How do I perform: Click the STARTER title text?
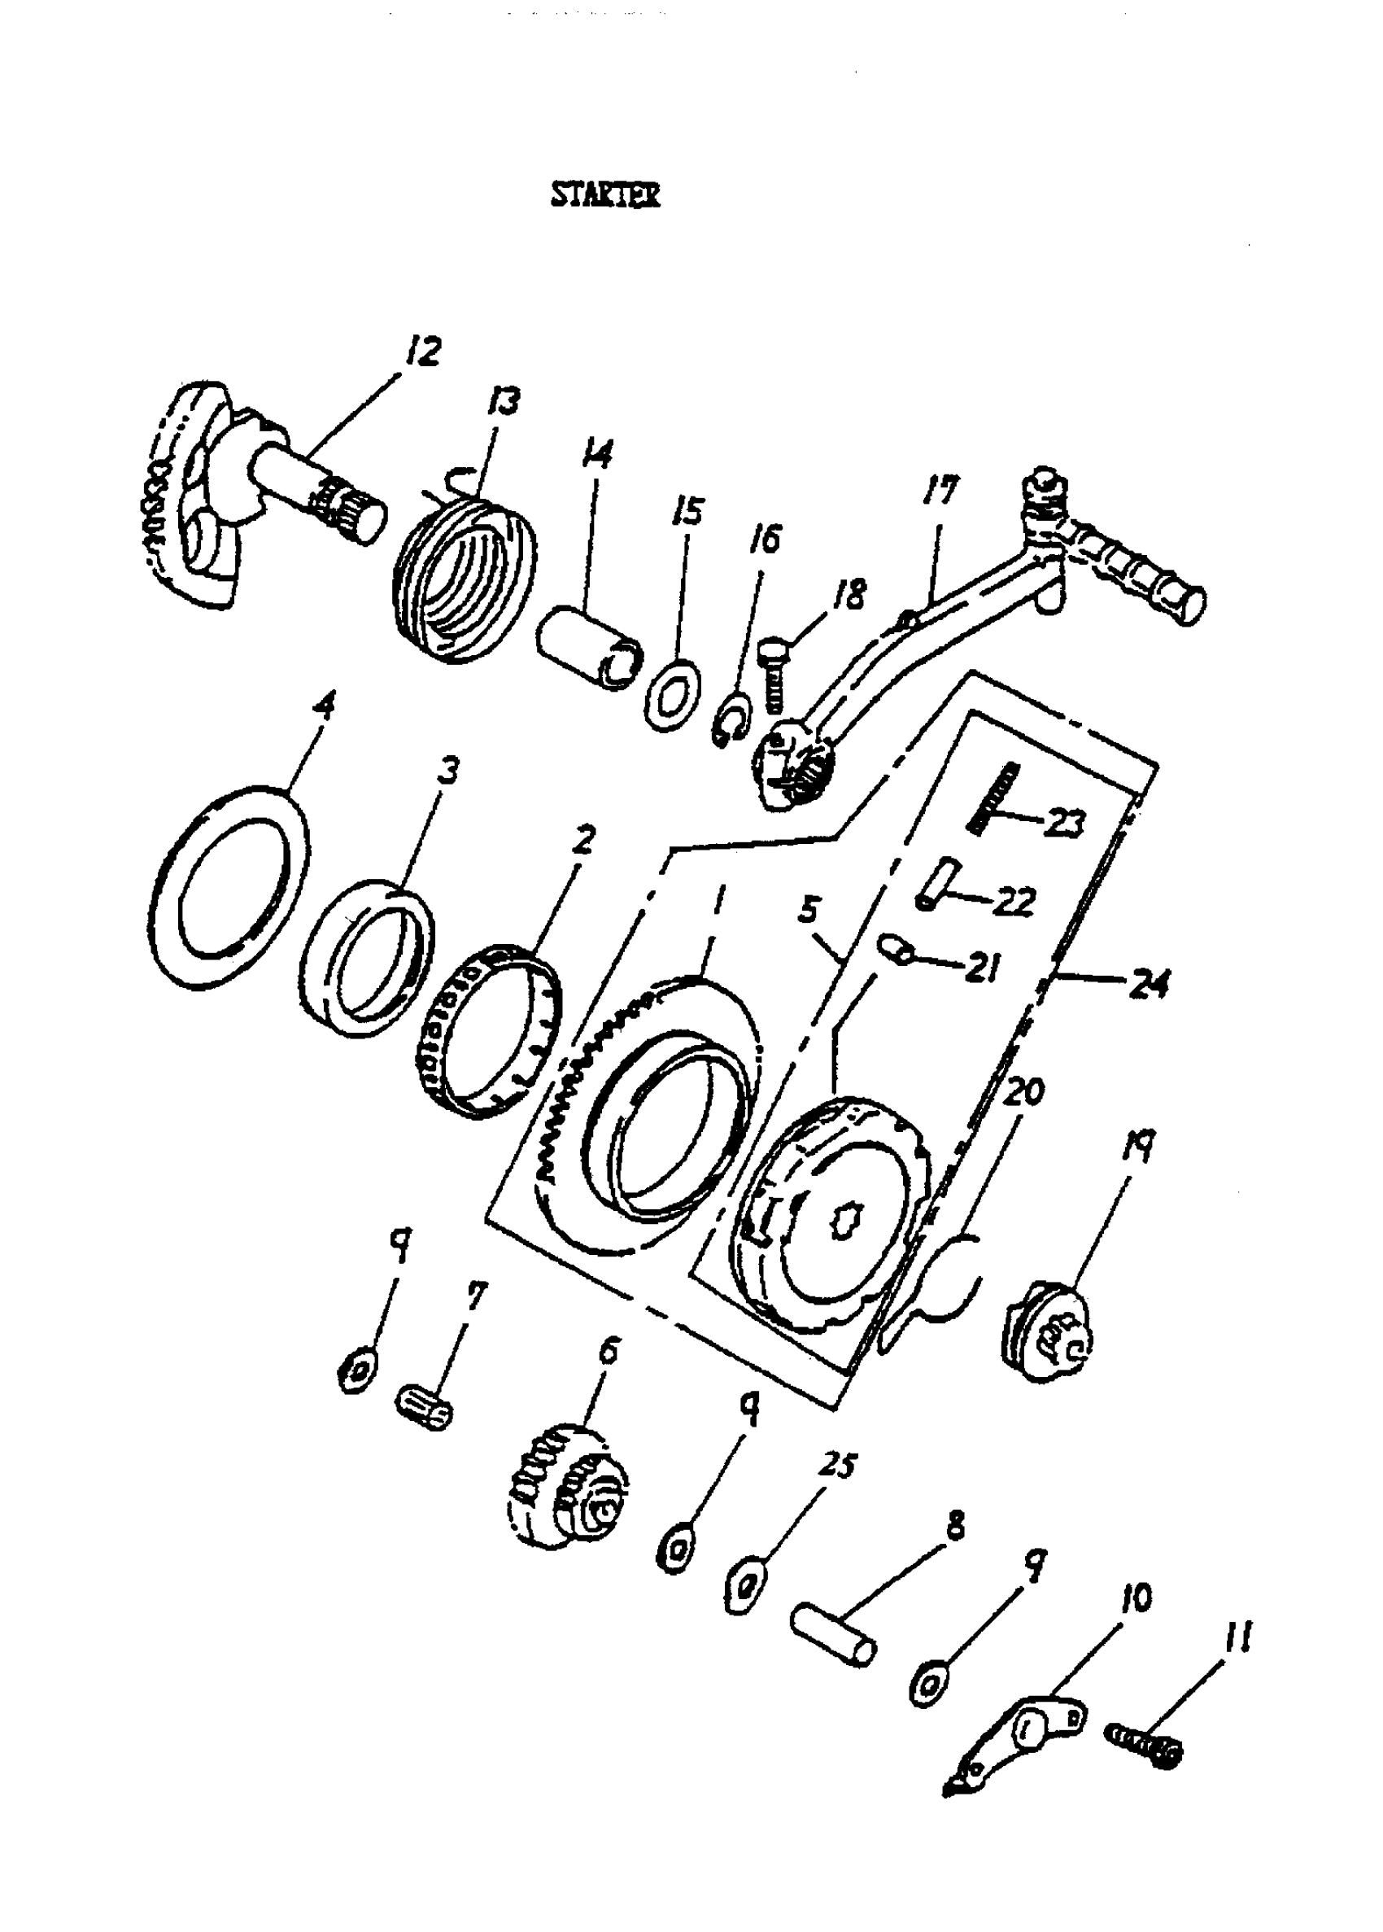604,195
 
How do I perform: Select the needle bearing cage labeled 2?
491,1034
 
